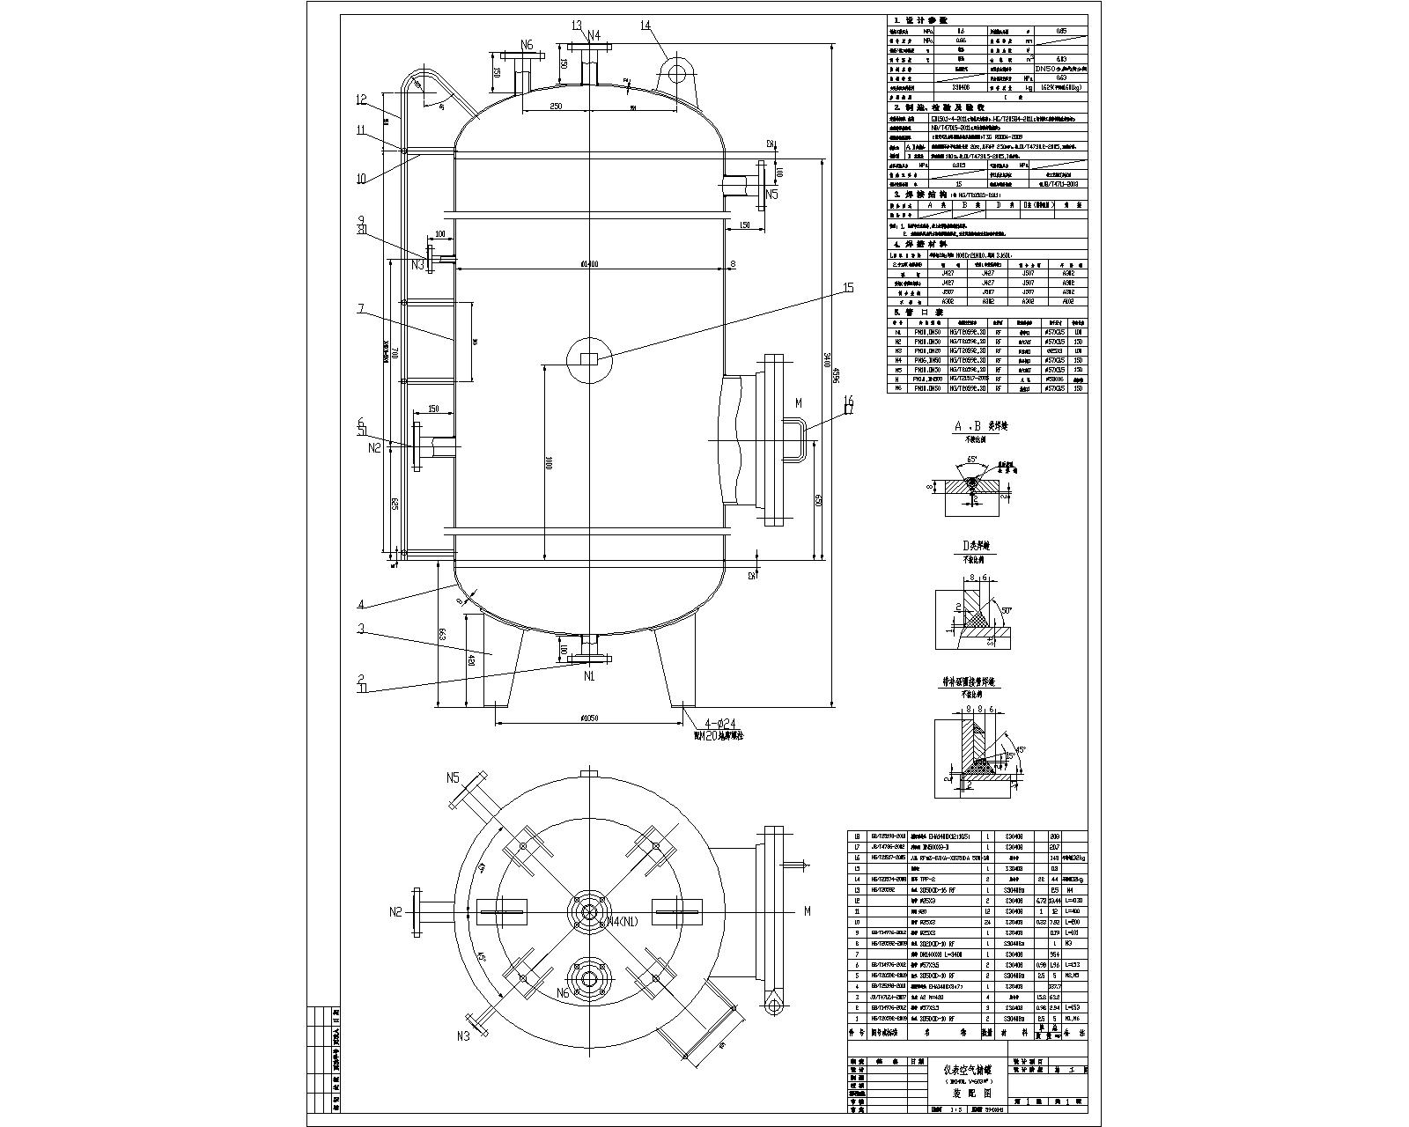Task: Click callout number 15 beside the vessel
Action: click(849, 288)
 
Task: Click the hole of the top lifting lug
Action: click(675, 68)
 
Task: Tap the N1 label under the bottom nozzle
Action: click(589, 676)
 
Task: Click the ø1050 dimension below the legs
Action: click(589, 718)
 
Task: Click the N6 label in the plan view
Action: click(564, 992)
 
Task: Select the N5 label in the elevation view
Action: click(771, 194)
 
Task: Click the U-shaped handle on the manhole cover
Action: click(793, 440)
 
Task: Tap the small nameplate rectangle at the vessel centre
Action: click(589, 357)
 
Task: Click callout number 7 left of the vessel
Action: click(360, 308)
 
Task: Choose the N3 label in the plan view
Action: click(462, 1036)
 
